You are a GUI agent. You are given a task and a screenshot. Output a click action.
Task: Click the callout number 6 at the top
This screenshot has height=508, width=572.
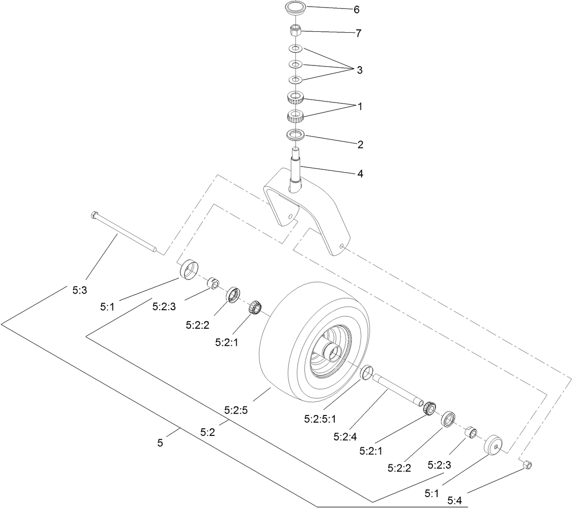tap(357, 9)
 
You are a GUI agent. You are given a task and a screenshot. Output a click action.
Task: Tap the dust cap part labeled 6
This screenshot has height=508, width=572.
tap(295, 7)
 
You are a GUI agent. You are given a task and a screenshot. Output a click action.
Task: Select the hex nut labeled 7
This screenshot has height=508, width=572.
tap(295, 30)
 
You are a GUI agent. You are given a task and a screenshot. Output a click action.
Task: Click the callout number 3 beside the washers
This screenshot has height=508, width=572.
tap(360, 70)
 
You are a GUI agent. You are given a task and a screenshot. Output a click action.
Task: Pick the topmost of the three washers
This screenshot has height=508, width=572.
tap(295, 49)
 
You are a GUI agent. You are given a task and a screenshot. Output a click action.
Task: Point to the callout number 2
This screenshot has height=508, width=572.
tap(360, 145)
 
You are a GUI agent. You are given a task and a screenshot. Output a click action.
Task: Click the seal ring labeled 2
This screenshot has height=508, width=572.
tap(295, 135)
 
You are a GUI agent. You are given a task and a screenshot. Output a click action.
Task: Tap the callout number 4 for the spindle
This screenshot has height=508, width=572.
tap(360, 174)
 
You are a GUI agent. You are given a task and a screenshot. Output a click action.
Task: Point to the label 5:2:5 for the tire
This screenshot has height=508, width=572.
tap(236, 410)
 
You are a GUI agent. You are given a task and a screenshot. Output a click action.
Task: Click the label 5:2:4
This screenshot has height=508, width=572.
tap(345, 436)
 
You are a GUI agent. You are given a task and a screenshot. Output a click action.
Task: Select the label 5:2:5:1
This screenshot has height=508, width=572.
tap(320, 419)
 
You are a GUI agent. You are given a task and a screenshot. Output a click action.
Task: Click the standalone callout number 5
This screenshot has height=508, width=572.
tap(160, 443)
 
